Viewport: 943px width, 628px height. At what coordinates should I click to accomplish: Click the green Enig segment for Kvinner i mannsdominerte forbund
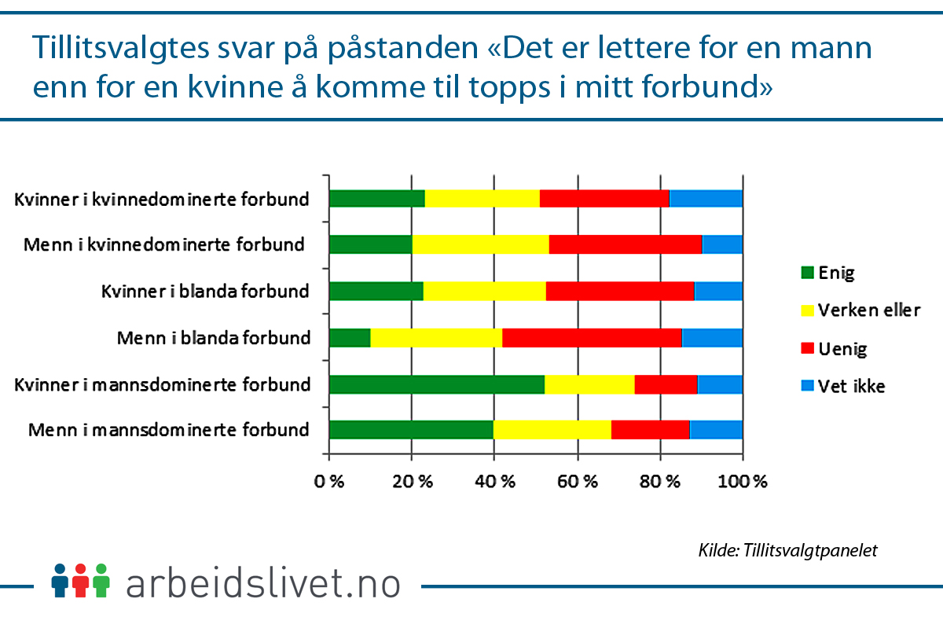pos(436,384)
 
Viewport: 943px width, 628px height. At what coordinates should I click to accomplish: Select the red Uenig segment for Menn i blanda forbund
pos(592,338)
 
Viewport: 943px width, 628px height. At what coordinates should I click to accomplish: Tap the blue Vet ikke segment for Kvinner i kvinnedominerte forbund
pos(706,198)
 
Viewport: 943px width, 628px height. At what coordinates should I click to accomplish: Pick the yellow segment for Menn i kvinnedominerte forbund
pos(480,244)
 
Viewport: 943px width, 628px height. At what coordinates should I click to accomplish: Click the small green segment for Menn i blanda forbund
pos(350,338)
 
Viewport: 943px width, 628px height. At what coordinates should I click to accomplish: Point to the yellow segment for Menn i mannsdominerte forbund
pos(552,430)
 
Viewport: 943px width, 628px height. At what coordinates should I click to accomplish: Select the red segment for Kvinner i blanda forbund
pos(620,291)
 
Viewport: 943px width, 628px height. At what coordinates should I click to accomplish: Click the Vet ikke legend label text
pos(852,387)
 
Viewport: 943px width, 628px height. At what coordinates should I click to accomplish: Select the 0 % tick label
pos(329,482)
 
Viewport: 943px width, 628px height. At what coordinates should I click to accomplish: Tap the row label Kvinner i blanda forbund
pos(205,292)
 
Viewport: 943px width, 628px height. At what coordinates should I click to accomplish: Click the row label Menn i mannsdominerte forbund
pos(169,431)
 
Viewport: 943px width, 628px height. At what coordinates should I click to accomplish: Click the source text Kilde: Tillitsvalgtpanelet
pos(787,550)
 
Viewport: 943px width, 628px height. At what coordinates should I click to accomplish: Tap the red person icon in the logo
pos(80,580)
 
